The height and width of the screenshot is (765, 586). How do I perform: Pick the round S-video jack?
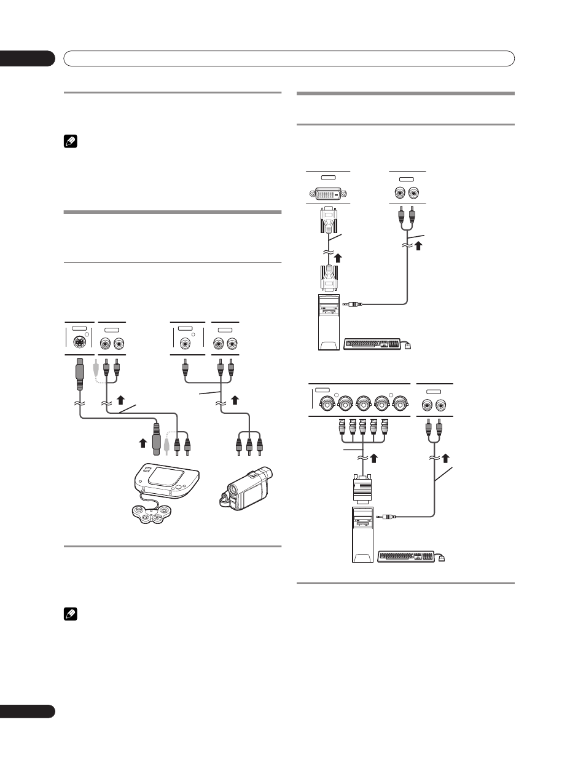tap(79, 343)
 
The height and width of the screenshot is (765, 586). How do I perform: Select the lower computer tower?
tap(362, 534)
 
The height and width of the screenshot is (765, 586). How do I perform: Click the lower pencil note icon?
tap(68, 614)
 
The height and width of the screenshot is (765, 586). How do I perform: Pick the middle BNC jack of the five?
tap(362, 404)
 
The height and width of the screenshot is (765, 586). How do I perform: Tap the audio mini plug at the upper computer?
tap(353, 303)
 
